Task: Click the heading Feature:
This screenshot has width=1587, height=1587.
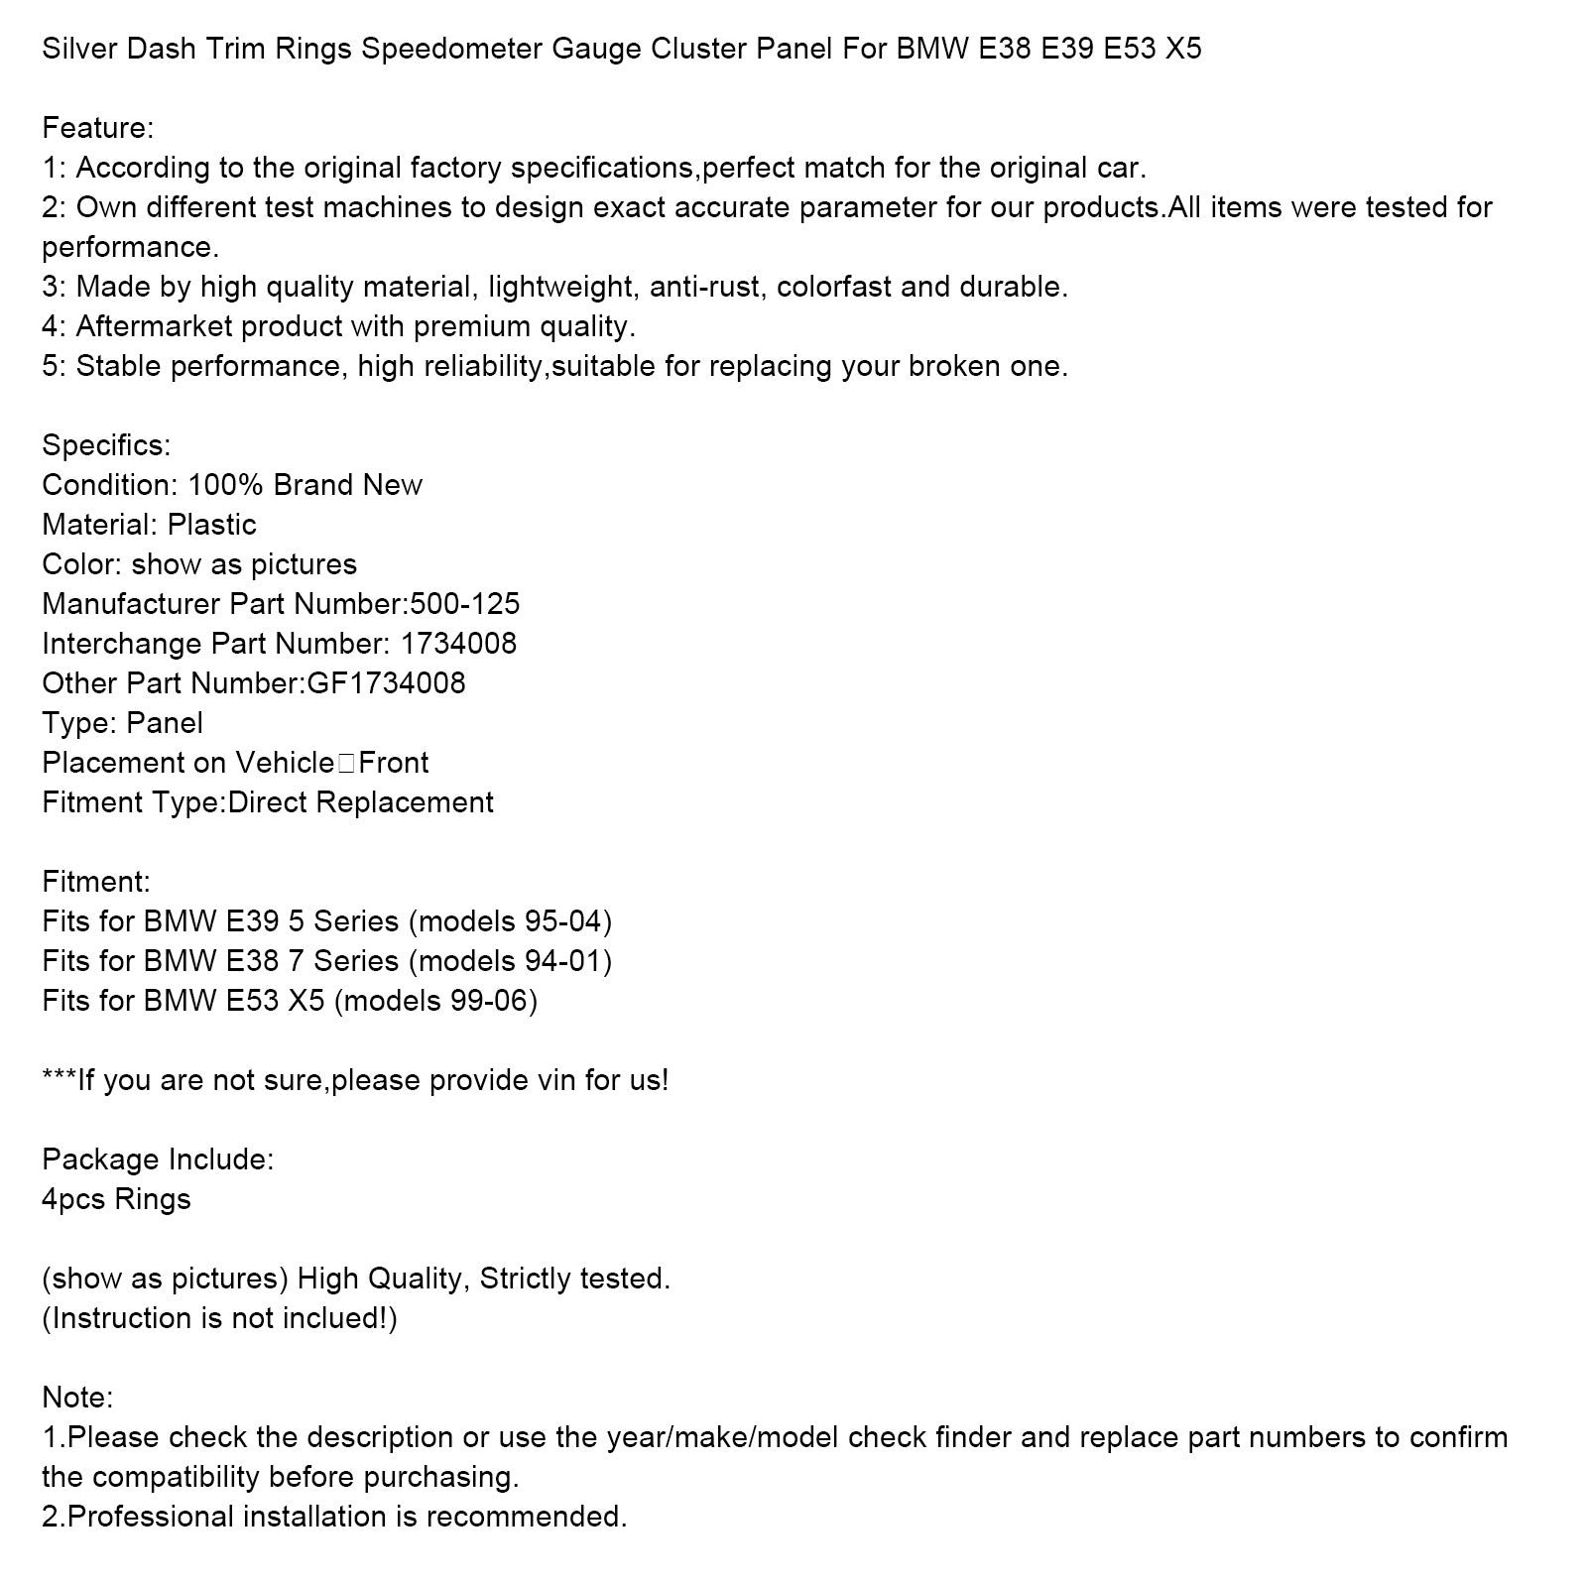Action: [x=97, y=128]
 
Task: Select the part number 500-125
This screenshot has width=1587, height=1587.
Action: [x=465, y=604]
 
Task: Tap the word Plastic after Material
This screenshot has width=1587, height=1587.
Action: [x=211, y=525]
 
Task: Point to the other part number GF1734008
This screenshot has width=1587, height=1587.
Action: [x=383, y=683]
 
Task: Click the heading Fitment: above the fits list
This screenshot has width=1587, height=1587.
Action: [x=96, y=882]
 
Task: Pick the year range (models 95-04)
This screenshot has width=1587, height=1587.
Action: [x=510, y=921]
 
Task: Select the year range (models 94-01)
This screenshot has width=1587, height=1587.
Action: [x=510, y=961]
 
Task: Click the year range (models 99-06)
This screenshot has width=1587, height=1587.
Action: [x=435, y=1001]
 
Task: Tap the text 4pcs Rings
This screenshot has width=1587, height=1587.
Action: [x=116, y=1199]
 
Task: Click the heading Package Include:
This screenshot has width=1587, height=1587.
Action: [x=158, y=1160]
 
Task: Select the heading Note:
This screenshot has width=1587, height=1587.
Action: [x=77, y=1398]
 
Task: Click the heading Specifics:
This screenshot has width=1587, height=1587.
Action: [x=106, y=445]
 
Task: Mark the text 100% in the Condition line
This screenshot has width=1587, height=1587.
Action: [x=226, y=485]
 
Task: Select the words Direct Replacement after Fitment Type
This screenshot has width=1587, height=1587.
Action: [x=360, y=802]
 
